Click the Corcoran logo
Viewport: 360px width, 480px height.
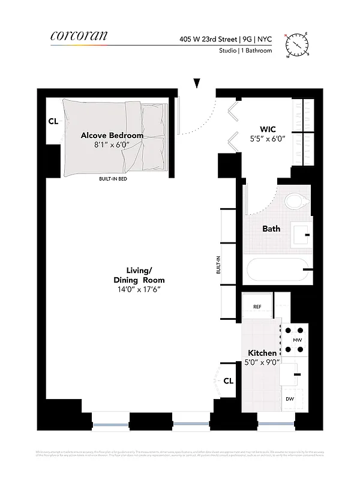(79, 37)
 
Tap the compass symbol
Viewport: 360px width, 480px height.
(297, 44)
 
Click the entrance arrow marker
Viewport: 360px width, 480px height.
(197, 83)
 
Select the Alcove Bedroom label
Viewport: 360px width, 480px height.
(112, 136)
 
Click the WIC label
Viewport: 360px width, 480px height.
(268, 129)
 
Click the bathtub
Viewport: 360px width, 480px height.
(277, 271)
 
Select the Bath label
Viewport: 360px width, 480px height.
(271, 229)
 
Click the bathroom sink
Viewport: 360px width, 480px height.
(301, 234)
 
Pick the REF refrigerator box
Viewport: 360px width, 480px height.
(257, 307)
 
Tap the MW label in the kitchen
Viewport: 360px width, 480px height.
(297, 340)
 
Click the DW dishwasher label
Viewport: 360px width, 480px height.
(289, 398)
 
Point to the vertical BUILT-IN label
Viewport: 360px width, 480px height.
(218, 265)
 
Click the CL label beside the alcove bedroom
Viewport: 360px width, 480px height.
(53, 121)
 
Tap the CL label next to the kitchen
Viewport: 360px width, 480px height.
(228, 380)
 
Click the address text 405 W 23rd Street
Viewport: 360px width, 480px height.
(208, 39)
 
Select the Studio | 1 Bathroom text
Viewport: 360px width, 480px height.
(245, 51)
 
